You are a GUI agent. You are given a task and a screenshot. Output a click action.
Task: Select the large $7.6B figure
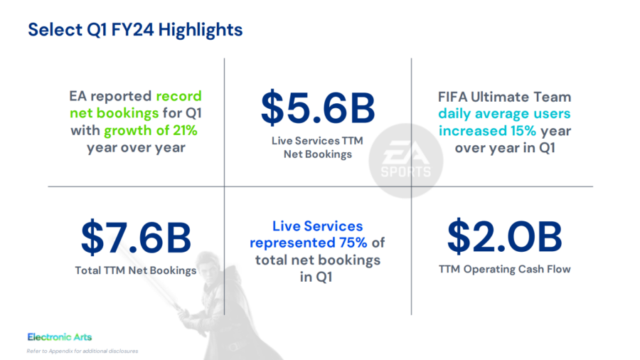[135, 238]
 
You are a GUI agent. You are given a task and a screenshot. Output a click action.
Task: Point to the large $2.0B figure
[504, 236]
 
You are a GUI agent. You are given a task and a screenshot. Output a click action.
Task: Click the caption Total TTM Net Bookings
[135, 270]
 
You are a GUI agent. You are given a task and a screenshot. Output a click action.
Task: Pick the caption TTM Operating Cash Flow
[504, 269]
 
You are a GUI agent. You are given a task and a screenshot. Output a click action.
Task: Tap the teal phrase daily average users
[504, 113]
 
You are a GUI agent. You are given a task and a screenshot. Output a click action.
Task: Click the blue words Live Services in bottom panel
[317, 226]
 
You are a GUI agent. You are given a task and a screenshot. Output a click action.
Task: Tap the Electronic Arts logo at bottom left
[59, 337]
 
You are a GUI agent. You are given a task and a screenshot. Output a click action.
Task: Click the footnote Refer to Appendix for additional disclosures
[82, 351]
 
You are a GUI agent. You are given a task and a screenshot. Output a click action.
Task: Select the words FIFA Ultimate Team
[504, 96]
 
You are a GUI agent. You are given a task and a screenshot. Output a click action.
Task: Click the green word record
[178, 96]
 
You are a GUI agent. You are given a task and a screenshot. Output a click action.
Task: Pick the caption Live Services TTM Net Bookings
[317, 147]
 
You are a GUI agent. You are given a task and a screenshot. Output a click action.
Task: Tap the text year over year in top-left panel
[135, 147]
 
